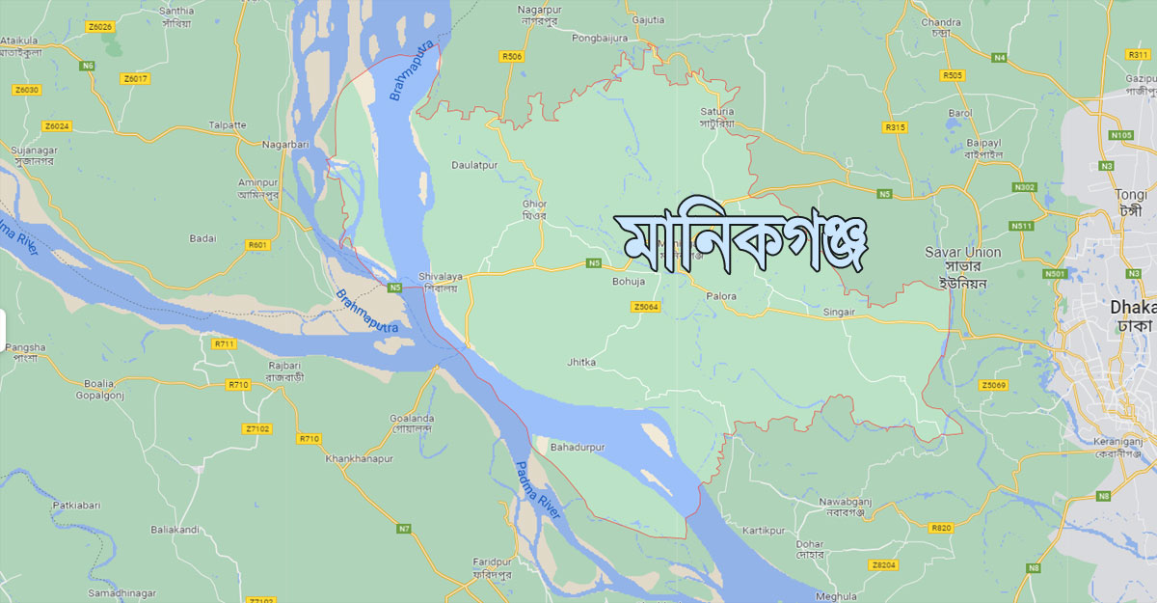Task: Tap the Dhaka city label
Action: click(x=1132, y=307)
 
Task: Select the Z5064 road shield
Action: click(x=646, y=307)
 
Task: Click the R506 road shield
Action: click(x=512, y=57)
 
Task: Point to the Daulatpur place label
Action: click(x=474, y=165)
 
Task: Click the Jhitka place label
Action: click(x=581, y=362)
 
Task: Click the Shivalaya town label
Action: click(x=441, y=277)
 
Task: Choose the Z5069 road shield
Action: click(x=993, y=386)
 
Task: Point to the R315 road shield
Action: click(x=895, y=127)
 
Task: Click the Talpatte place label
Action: click(x=228, y=125)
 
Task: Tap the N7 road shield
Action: click(x=404, y=528)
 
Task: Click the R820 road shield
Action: click(x=941, y=528)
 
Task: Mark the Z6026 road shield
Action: click(x=99, y=26)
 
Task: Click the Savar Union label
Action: click(x=962, y=253)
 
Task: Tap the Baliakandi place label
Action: click(x=175, y=530)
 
